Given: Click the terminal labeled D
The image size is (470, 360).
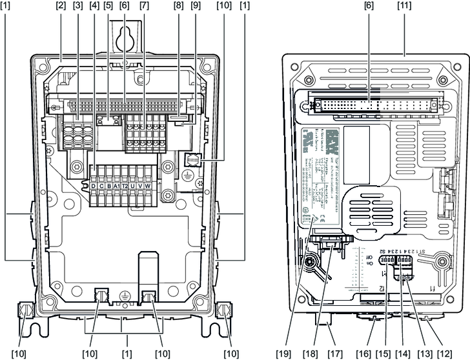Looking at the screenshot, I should tap(94, 187).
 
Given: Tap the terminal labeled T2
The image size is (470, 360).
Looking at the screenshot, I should tap(125, 187).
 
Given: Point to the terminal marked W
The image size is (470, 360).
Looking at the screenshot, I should tap(148, 187).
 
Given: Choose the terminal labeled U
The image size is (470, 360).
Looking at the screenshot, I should tap(133, 187).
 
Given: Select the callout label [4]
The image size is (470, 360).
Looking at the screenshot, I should tap(94, 6).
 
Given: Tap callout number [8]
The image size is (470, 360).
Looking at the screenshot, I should tap(178, 6).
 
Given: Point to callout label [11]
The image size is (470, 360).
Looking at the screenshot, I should tap(404, 6).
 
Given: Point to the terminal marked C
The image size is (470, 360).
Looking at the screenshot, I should tap(102, 187).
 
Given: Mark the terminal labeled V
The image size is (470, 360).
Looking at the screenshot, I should tap(141, 187).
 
